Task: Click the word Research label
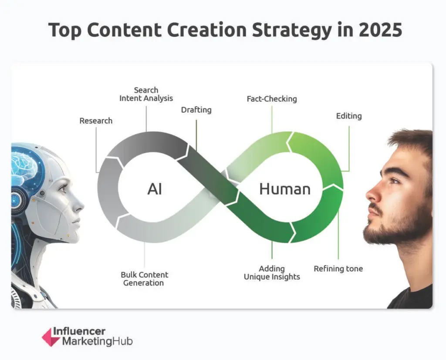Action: [96, 121]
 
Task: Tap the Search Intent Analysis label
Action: [146, 94]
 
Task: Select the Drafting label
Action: [196, 110]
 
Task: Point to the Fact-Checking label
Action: [272, 99]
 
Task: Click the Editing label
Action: [349, 116]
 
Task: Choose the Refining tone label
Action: [338, 269]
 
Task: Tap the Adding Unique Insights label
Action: [272, 273]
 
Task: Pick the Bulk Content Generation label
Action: [144, 279]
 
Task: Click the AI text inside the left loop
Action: [155, 189]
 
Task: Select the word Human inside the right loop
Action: [285, 189]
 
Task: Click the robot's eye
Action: [62, 188]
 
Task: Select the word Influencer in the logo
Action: [79, 332]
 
